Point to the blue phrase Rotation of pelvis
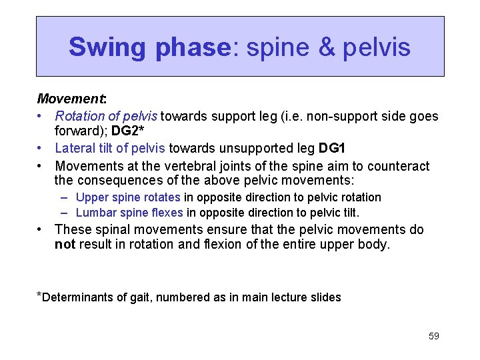pyautogui.click(x=107, y=117)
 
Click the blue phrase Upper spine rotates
pyautogui.click(x=128, y=197)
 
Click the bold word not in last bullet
pyautogui.click(x=65, y=245)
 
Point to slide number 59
pyautogui.click(x=433, y=336)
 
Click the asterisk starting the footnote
pyautogui.click(x=39, y=295)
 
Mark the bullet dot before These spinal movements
pyautogui.click(x=42, y=230)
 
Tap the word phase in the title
pyautogui.click(x=193, y=47)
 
